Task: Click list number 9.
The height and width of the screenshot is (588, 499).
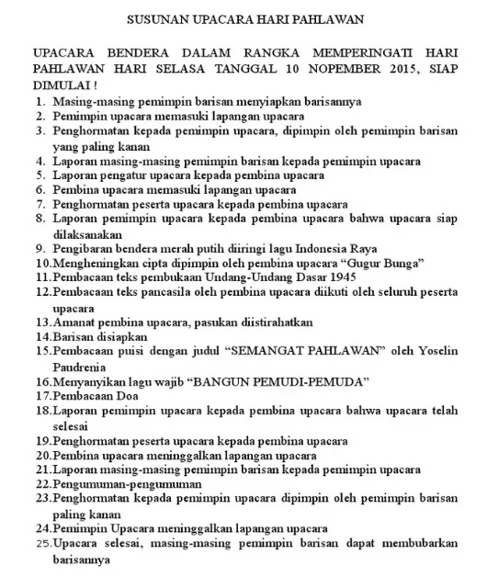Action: (x=40, y=248)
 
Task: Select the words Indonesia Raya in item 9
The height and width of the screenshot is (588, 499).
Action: (x=322, y=248)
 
